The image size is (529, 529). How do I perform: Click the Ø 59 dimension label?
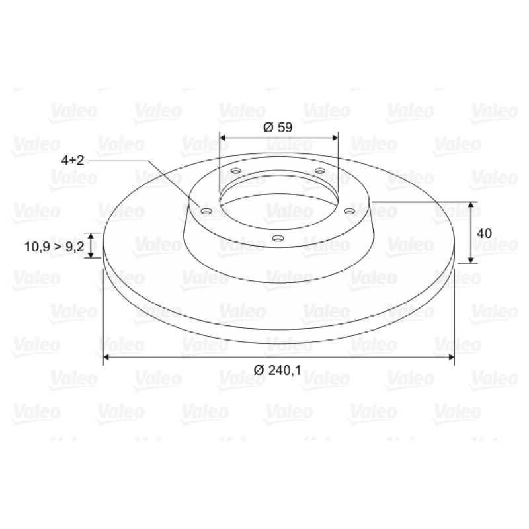tap(277, 128)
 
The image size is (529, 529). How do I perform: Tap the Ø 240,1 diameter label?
tap(277, 370)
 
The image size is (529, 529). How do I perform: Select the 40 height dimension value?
tap(484, 233)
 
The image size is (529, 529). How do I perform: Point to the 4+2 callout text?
tap(73, 160)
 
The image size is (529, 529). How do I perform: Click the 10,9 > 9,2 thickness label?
tap(54, 247)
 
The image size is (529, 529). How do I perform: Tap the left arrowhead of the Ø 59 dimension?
tap(223, 138)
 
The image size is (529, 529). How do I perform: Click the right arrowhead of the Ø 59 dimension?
tap(335, 138)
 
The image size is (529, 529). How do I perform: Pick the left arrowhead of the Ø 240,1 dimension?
tap(106, 357)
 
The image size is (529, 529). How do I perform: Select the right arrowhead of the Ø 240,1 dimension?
tap(451, 357)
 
